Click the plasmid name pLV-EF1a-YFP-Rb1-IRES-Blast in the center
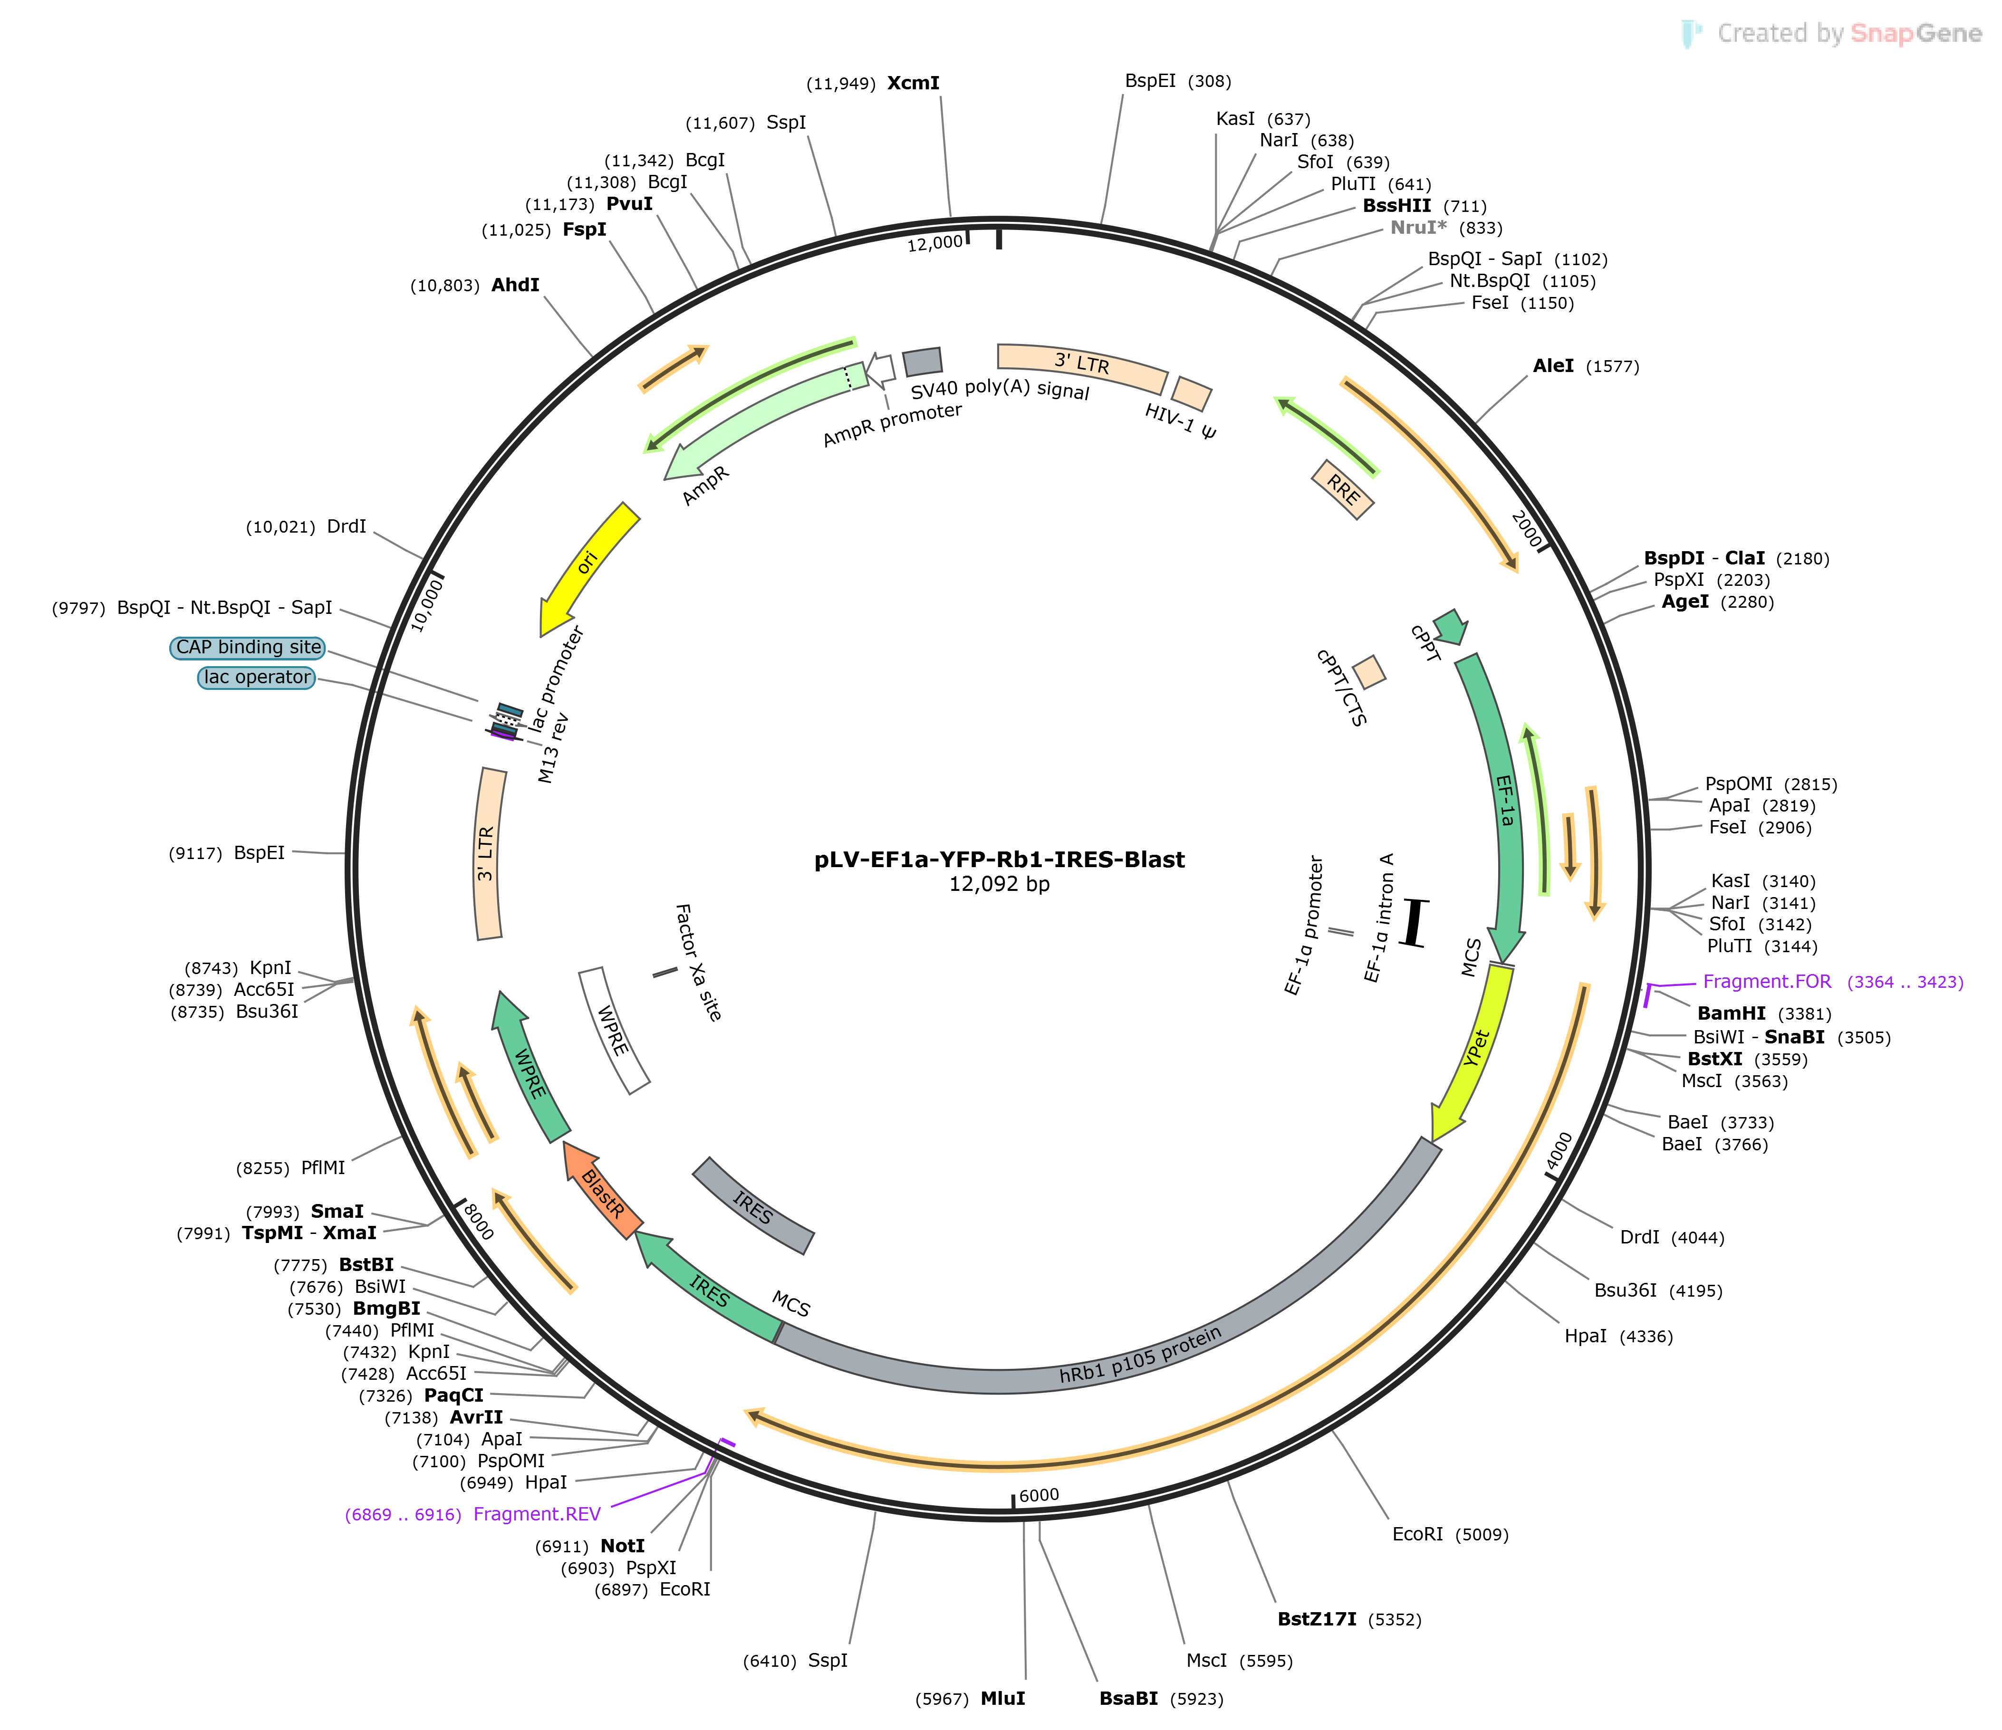tap(999, 860)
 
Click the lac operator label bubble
tap(257, 677)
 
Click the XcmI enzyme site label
tap(913, 83)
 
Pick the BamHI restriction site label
tap(1732, 1013)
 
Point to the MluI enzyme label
tap(1003, 1698)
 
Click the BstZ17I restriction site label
tap(1317, 1619)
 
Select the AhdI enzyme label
tap(515, 285)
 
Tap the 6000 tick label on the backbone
tap(1039, 1495)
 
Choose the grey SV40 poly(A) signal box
tap(923, 361)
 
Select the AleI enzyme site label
tap(1554, 366)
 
